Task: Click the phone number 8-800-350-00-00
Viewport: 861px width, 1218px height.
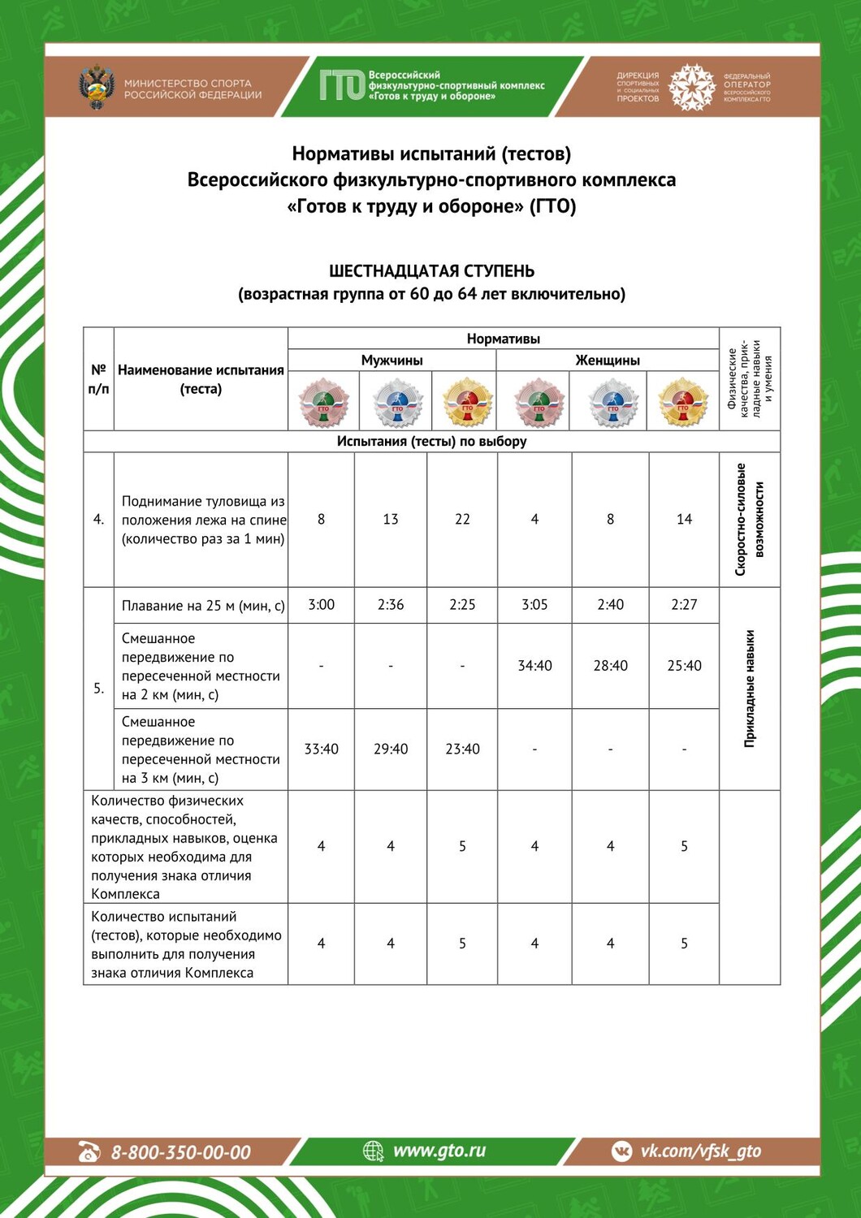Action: (x=180, y=1151)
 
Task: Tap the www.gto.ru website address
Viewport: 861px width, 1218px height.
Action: (x=439, y=1150)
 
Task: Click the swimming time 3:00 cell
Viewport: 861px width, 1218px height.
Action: (x=322, y=605)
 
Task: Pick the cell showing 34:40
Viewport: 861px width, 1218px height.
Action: (x=534, y=666)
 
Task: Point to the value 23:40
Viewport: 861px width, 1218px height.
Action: (x=462, y=749)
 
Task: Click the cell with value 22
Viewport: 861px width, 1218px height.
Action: (x=462, y=519)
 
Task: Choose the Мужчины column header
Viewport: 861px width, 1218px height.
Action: (x=392, y=360)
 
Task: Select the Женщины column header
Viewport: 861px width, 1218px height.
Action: (x=608, y=360)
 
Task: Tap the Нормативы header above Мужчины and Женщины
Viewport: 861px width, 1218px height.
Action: (x=503, y=339)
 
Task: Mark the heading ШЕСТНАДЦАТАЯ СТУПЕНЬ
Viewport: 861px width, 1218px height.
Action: (x=431, y=271)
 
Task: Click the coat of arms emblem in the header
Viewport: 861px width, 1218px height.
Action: (x=97, y=88)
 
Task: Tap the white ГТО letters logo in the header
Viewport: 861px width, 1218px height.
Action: (x=341, y=85)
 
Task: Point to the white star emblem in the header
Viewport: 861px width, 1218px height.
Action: (x=691, y=87)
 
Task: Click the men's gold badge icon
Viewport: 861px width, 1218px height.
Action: (x=467, y=402)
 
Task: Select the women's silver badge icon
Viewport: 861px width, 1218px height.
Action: (x=612, y=402)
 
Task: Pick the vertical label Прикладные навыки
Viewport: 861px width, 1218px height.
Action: (x=750, y=689)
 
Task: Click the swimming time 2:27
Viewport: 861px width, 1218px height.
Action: (x=684, y=605)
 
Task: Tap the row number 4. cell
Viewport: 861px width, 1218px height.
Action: (x=98, y=520)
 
